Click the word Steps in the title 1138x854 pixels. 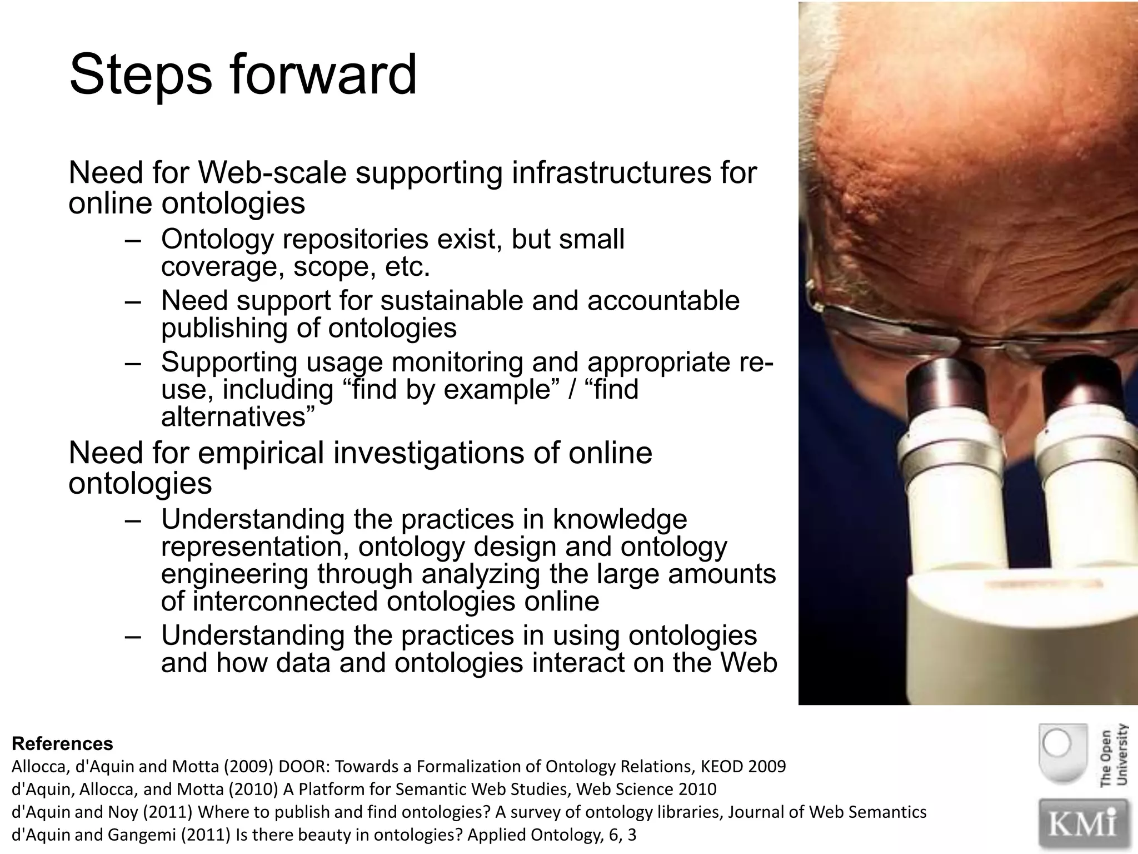click(140, 75)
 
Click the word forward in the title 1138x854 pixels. click(323, 75)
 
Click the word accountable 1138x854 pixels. click(663, 301)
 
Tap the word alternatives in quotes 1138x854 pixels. click(233, 417)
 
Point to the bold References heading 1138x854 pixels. click(62, 743)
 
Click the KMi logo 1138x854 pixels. click(1084, 823)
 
